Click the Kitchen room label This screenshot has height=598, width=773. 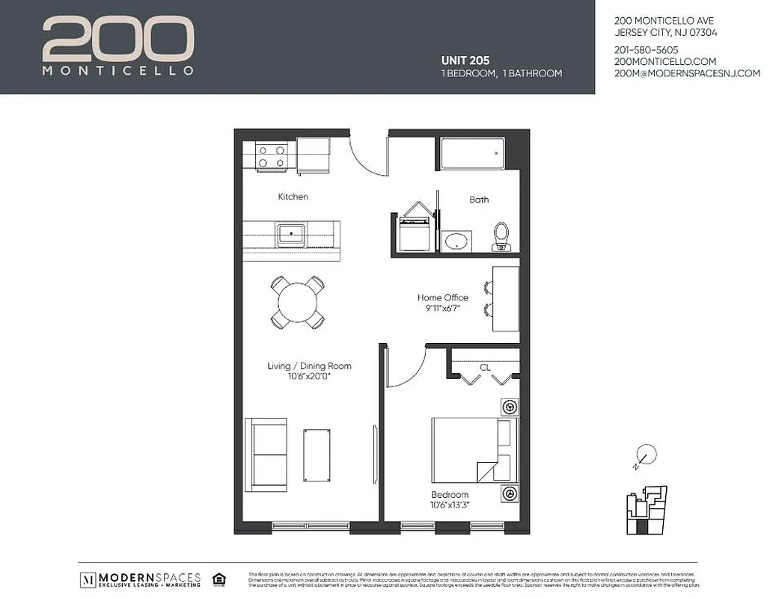point(293,197)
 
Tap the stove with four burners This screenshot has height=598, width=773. point(271,156)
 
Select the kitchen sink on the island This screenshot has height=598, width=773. point(290,234)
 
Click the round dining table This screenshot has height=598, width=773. point(298,302)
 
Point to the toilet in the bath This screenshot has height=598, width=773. point(501,235)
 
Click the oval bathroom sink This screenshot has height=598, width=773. point(456,241)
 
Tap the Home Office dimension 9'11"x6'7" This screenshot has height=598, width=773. point(443,308)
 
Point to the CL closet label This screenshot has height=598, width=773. point(485,367)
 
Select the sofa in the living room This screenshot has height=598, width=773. point(266,454)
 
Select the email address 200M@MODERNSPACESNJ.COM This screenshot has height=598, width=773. point(686,73)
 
